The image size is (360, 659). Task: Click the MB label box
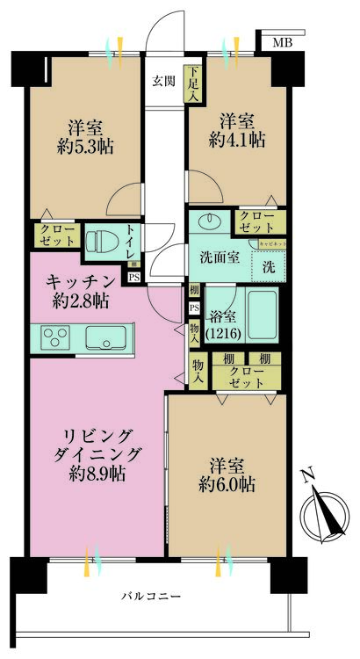pyautogui.click(x=283, y=42)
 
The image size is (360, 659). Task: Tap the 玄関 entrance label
pyautogui.click(x=163, y=82)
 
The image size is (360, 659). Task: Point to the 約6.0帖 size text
pyautogui.click(x=226, y=485)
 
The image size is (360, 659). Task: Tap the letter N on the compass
pyautogui.click(x=307, y=476)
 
